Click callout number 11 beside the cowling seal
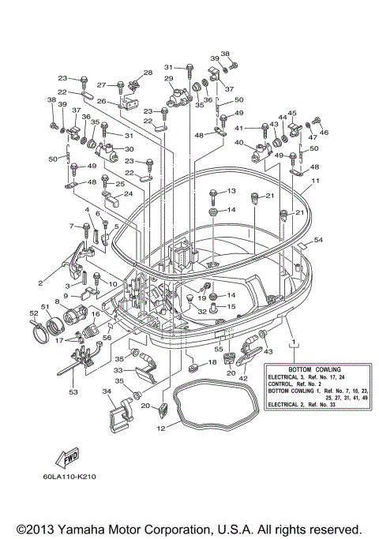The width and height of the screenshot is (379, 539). tap(314, 181)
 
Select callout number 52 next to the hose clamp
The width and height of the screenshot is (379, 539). tap(34, 313)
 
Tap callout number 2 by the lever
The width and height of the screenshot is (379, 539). tap(40, 281)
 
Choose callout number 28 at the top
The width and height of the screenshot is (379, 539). tap(147, 73)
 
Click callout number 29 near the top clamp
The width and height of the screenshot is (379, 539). tap(168, 80)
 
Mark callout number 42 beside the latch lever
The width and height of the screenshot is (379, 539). tap(242, 378)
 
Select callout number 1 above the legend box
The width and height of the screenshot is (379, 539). tap(294, 343)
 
